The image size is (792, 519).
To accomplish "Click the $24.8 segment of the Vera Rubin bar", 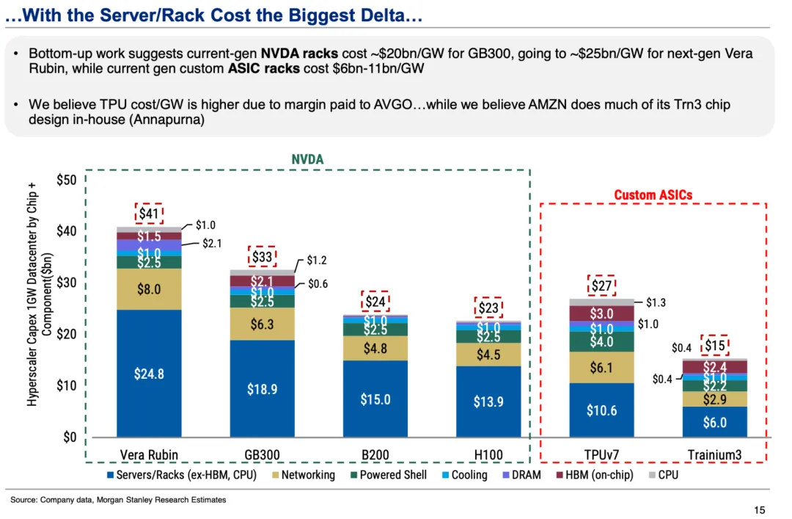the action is click(x=149, y=374).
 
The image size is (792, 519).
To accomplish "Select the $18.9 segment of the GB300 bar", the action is click(x=262, y=388).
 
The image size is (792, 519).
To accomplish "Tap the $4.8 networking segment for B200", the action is click(x=375, y=348).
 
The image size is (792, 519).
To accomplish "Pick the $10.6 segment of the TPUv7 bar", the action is click(x=601, y=410).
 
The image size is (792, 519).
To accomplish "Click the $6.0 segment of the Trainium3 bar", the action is click(x=715, y=422).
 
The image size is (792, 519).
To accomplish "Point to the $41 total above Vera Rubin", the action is click(x=149, y=214).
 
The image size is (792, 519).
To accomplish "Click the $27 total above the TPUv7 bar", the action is click(x=601, y=286).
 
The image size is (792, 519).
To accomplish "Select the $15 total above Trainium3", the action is click(x=715, y=346).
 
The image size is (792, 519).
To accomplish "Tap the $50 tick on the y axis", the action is click(x=67, y=180).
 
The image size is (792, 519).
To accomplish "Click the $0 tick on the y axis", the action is click(x=70, y=437).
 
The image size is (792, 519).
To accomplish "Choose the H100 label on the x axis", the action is click(x=488, y=454).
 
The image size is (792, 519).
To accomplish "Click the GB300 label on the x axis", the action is click(x=262, y=454).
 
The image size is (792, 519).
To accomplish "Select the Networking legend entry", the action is click(x=304, y=475).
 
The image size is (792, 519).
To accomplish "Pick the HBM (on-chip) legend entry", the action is click(x=595, y=475).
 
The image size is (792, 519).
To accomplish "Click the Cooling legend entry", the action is click(x=465, y=475).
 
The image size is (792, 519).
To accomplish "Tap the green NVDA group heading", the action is click(x=307, y=159).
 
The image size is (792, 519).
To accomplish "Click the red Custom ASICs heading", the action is click(x=653, y=195).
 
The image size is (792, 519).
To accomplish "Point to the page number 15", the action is click(x=759, y=510).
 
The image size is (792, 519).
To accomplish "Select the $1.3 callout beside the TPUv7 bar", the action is click(x=656, y=302).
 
